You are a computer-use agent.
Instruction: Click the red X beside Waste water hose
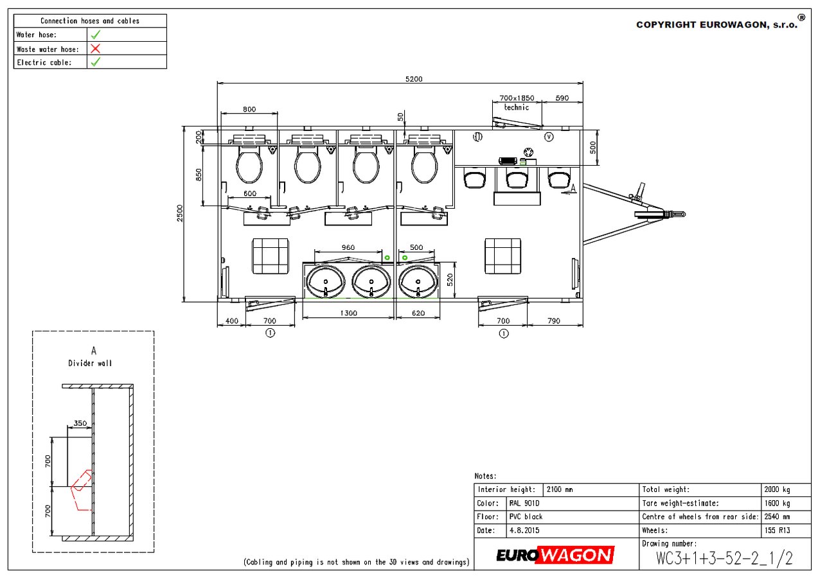point(95,49)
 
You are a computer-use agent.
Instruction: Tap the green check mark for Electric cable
point(96,62)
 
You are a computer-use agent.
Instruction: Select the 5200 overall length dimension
point(414,79)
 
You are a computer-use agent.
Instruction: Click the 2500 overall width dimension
point(180,213)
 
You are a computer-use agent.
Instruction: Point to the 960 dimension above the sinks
point(348,247)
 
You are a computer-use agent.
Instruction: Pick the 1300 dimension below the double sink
point(348,313)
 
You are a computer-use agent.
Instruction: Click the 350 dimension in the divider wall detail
point(80,423)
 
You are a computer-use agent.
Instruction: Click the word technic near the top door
point(517,107)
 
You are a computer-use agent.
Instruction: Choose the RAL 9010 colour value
point(524,504)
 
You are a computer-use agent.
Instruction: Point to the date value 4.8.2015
point(524,530)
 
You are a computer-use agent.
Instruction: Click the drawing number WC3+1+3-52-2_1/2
point(725,558)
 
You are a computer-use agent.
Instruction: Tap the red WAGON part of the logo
point(576,556)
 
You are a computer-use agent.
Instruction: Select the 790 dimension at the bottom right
point(554,320)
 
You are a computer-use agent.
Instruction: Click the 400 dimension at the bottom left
point(231,320)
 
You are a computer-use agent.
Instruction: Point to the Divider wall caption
point(90,363)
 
